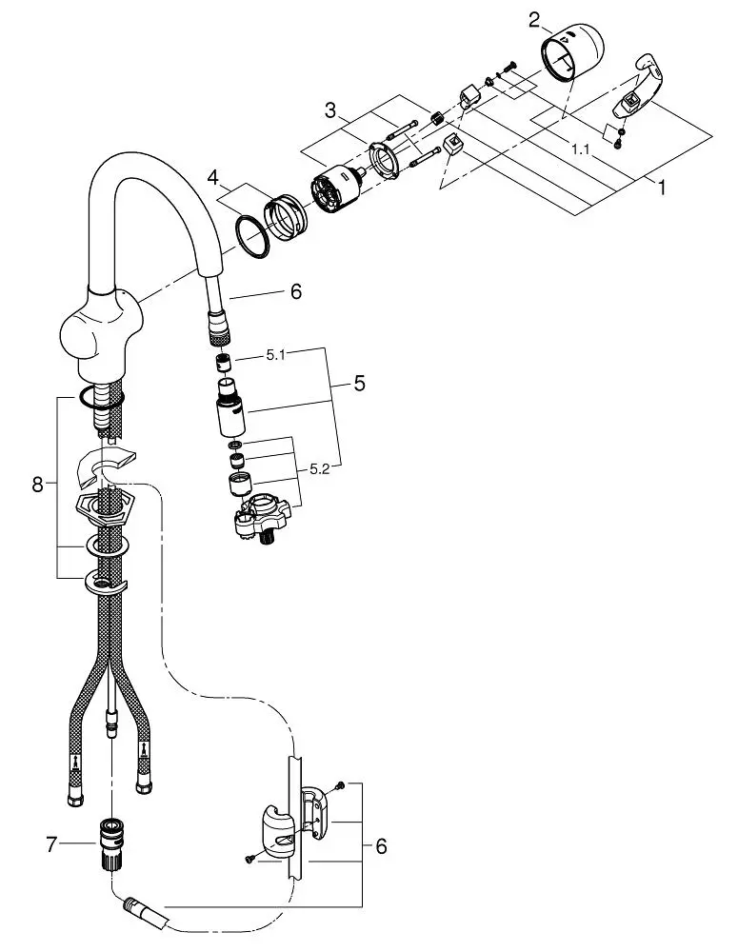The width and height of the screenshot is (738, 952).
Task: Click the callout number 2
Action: coord(534,20)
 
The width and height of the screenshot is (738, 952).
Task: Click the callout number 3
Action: coord(330,110)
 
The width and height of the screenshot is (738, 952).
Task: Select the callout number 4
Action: coord(212,178)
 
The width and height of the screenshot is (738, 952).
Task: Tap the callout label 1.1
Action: coord(581,149)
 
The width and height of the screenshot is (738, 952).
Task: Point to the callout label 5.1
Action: coord(276,355)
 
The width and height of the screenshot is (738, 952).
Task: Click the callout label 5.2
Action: coord(319,468)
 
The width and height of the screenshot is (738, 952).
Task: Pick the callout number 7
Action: coord(51,844)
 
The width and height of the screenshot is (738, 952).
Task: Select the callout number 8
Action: coord(38,485)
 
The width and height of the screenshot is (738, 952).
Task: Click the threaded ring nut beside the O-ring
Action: coord(286,217)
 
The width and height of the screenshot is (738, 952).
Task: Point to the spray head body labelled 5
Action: coord(230,407)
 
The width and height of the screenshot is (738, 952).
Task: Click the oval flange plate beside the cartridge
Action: coord(385,159)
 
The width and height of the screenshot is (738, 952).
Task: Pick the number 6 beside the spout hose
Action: coord(296,292)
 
